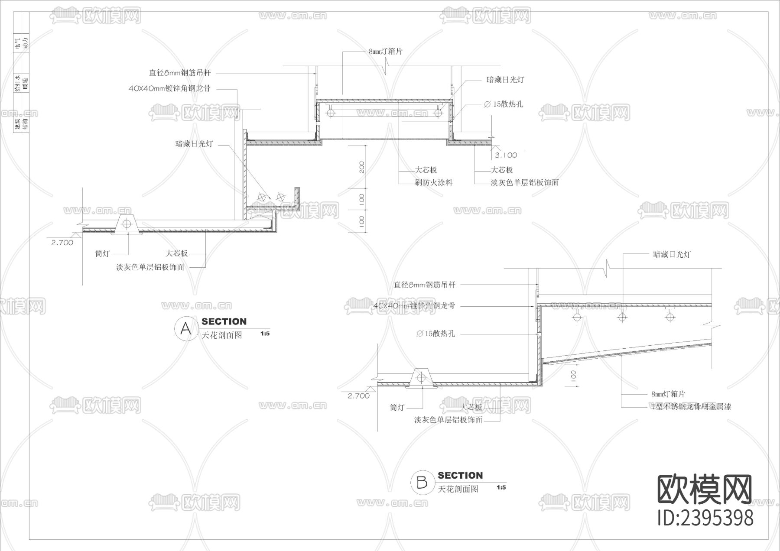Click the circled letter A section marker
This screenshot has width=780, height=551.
point(185,329)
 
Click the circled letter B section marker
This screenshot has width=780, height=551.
point(422,482)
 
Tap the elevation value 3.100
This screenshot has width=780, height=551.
point(506,155)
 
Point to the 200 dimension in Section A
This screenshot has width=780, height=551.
point(362,167)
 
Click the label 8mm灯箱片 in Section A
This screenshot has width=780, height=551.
point(385,52)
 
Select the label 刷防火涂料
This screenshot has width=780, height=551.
point(433,183)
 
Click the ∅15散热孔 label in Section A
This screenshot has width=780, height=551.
point(503,104)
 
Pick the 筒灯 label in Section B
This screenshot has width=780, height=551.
point(397,408)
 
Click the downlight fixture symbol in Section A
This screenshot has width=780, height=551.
point(127,224)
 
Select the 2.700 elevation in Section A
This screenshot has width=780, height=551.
point(62,243)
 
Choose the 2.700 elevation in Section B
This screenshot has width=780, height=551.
point(359,396)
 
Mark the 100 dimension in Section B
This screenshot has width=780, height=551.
point(573,375)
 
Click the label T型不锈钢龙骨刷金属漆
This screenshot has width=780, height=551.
point(691,407)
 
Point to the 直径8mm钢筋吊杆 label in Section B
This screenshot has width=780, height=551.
point(424,285)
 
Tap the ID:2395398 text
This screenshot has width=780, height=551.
point(705,518)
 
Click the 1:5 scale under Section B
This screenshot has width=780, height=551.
point(501,488)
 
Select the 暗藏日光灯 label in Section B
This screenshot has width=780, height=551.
point(672,255)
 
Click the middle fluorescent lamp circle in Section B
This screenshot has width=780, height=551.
point(622,317)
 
